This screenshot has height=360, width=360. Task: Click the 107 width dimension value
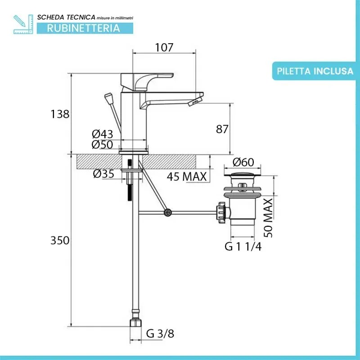pyautogui.click(x=165, y=47)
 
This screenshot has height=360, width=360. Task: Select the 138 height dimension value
pyautogui.click(x=60, y=114)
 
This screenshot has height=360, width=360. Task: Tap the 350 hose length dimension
pyautogui.click(x=60, y=240)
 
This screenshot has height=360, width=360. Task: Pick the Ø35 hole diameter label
pyautogui.click(x=104, y=174)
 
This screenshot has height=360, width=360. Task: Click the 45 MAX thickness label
pyautogui.click(x=187, y=176)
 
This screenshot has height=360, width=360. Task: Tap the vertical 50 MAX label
pyautogui.click(x=268, y=218)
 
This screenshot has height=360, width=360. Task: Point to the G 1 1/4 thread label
pyautogui.click(x=243, y=246)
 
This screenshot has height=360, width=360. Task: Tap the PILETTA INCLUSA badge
pyautogui.click(x=315, y=71)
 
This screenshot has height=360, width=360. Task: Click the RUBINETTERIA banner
pyautogui.click(x=84, y=28)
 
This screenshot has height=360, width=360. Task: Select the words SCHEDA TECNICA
pyautogui.click(x=66, y=17)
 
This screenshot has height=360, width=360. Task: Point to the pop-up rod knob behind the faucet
pyautogui.click(x=108, y=98)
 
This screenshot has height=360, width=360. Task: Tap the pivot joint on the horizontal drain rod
pyautogui.click(x=168, y=212)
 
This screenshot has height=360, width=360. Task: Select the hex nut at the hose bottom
pyautogui.click(x=135, y=323)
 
